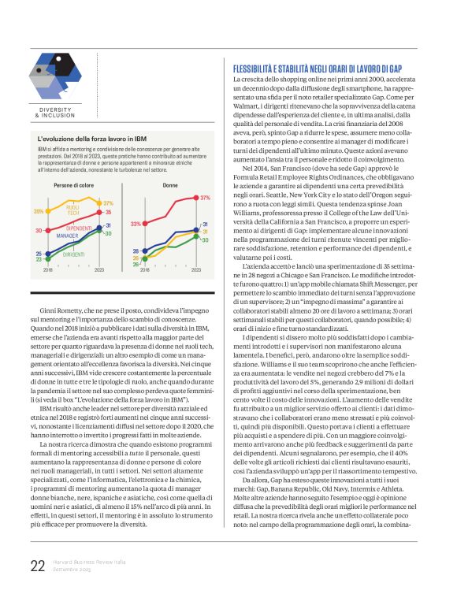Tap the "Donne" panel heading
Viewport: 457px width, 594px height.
[170, 186]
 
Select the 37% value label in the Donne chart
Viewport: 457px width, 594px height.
[205, 197]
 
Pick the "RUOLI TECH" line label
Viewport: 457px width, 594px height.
[72, 210]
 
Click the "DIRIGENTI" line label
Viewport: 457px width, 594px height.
[74, 254]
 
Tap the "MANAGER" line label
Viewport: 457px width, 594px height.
[68, 236]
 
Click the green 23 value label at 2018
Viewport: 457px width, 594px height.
[38, 258]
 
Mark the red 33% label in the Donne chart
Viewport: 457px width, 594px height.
[136, 225]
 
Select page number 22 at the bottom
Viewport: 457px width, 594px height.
[37, 566]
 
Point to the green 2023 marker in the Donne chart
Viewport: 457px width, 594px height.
[195, 238]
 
